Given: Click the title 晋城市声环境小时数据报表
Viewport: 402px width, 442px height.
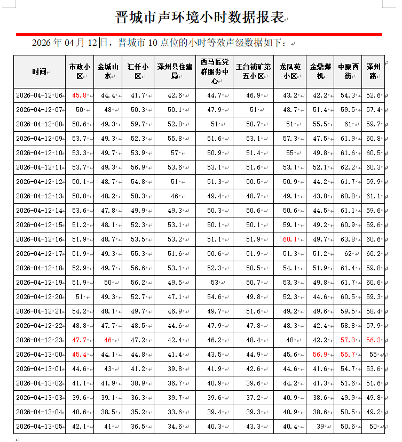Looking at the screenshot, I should (200, 17).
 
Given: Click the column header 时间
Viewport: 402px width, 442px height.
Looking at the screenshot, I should (38, 71).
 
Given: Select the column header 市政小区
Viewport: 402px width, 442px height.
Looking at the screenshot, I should (80, 71).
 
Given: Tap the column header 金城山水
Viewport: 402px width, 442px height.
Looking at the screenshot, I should (108, 71).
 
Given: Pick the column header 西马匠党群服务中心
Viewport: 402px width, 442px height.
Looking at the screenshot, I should (215, 71).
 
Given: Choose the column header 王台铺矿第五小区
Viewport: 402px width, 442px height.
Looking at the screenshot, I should (253, 71).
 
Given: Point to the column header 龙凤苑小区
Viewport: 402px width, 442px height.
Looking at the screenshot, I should (290, 71).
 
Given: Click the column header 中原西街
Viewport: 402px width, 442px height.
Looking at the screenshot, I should (348, 71).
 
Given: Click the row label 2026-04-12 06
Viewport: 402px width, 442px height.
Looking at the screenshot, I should (39, 95).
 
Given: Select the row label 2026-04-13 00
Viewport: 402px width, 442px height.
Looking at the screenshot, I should (39, 355).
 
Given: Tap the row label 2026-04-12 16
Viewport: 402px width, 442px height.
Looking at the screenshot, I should (39, 239).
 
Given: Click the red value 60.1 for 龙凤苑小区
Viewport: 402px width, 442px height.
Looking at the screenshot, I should (290, 239).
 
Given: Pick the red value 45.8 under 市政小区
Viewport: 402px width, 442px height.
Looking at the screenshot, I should (80, 95).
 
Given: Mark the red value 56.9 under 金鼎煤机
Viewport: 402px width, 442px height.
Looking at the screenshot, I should (320, 355).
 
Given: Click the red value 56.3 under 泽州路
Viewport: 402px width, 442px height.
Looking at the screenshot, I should (373, 340).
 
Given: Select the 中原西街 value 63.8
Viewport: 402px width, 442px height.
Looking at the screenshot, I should (348, 239).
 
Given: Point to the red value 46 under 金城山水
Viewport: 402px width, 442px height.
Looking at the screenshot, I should (108, 340).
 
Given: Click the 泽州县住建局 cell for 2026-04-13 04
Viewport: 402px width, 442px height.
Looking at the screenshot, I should (175, 412).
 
